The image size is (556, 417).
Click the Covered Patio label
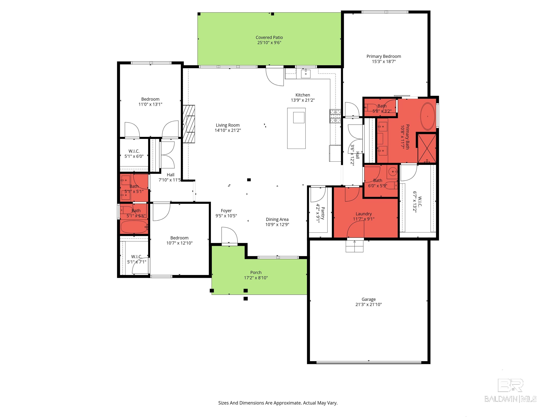(269, 37)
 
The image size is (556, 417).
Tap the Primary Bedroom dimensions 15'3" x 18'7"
(384, 61)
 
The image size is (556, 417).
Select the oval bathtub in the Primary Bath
(428, 116)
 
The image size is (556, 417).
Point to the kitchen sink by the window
(306, 74)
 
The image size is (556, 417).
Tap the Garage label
(369, 299)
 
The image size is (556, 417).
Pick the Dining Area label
(277, 219)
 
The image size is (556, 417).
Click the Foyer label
(226, 211)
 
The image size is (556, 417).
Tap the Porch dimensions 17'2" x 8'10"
(256, 278)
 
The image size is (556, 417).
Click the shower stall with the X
(427, 148)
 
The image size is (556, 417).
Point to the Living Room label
(228, 125)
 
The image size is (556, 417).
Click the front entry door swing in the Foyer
(229, 235)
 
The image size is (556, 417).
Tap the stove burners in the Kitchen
(335, 116)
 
